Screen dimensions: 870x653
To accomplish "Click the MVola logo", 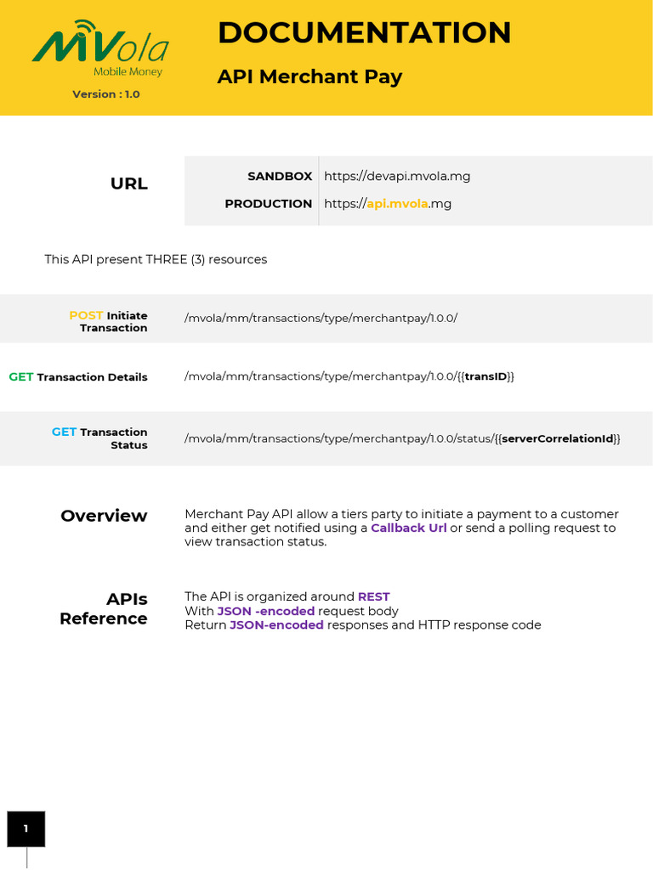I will click(100, 49).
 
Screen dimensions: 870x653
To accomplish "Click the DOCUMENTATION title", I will click(364, 33).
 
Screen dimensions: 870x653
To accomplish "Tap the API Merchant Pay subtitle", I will click(309, 76).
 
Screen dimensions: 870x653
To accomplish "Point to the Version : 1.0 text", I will click(106, 94).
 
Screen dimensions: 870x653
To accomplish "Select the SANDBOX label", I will click(280, 176).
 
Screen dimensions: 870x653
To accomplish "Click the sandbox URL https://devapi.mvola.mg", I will click(397, 176).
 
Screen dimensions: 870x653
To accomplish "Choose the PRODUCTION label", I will click(268, 204).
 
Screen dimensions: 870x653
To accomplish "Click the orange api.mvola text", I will click(397, 204).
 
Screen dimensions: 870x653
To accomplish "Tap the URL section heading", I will click(129, 184).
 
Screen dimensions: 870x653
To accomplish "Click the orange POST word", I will click(86, 315).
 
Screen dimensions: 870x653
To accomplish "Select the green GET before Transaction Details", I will click(21, 377).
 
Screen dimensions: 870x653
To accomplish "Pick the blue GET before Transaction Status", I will click(64, 432).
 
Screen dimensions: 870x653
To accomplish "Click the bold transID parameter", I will click(485, 376).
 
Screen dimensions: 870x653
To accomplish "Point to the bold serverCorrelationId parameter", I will click(557, 438).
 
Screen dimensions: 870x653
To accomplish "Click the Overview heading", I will click(104, 516).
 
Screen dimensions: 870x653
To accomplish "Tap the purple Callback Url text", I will click(408, 528).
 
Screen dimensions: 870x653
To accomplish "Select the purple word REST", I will click(373, 596).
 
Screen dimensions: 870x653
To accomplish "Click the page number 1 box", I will click(26, 828).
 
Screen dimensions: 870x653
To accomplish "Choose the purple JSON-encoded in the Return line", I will click(276, 625).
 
